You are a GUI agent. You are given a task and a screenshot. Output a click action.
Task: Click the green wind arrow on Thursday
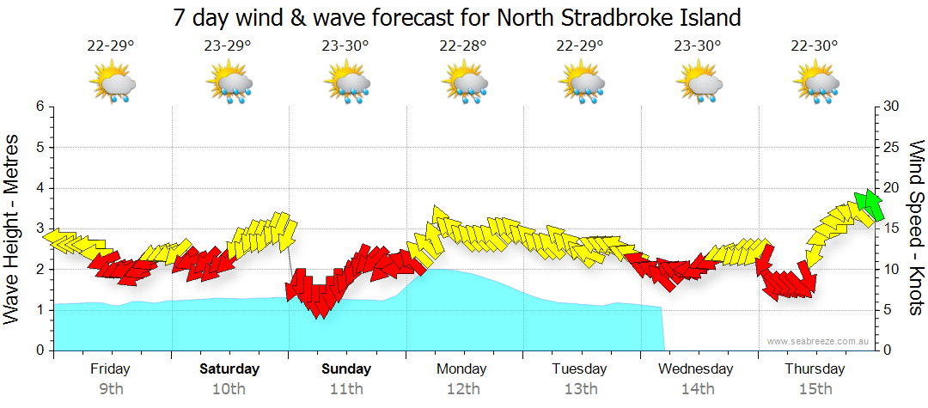[870, 204]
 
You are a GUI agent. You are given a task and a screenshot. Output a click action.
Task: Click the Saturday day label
[229, 369]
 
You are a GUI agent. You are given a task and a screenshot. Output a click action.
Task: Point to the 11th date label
[346, 388]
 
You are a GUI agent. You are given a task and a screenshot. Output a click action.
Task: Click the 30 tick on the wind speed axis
[891, 107]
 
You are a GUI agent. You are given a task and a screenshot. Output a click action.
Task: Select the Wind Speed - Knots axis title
[916, 228]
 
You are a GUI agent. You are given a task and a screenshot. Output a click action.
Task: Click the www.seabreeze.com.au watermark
[818, 342]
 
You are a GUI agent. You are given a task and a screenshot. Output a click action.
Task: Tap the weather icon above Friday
[112, 83]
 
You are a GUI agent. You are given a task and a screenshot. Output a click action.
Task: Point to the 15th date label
[815, 388]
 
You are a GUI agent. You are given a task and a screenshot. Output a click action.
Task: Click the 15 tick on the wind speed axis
[891, 228]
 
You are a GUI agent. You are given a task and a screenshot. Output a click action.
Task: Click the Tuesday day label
[580, 369]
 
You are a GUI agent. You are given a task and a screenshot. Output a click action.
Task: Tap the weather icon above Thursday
[815, 83]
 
